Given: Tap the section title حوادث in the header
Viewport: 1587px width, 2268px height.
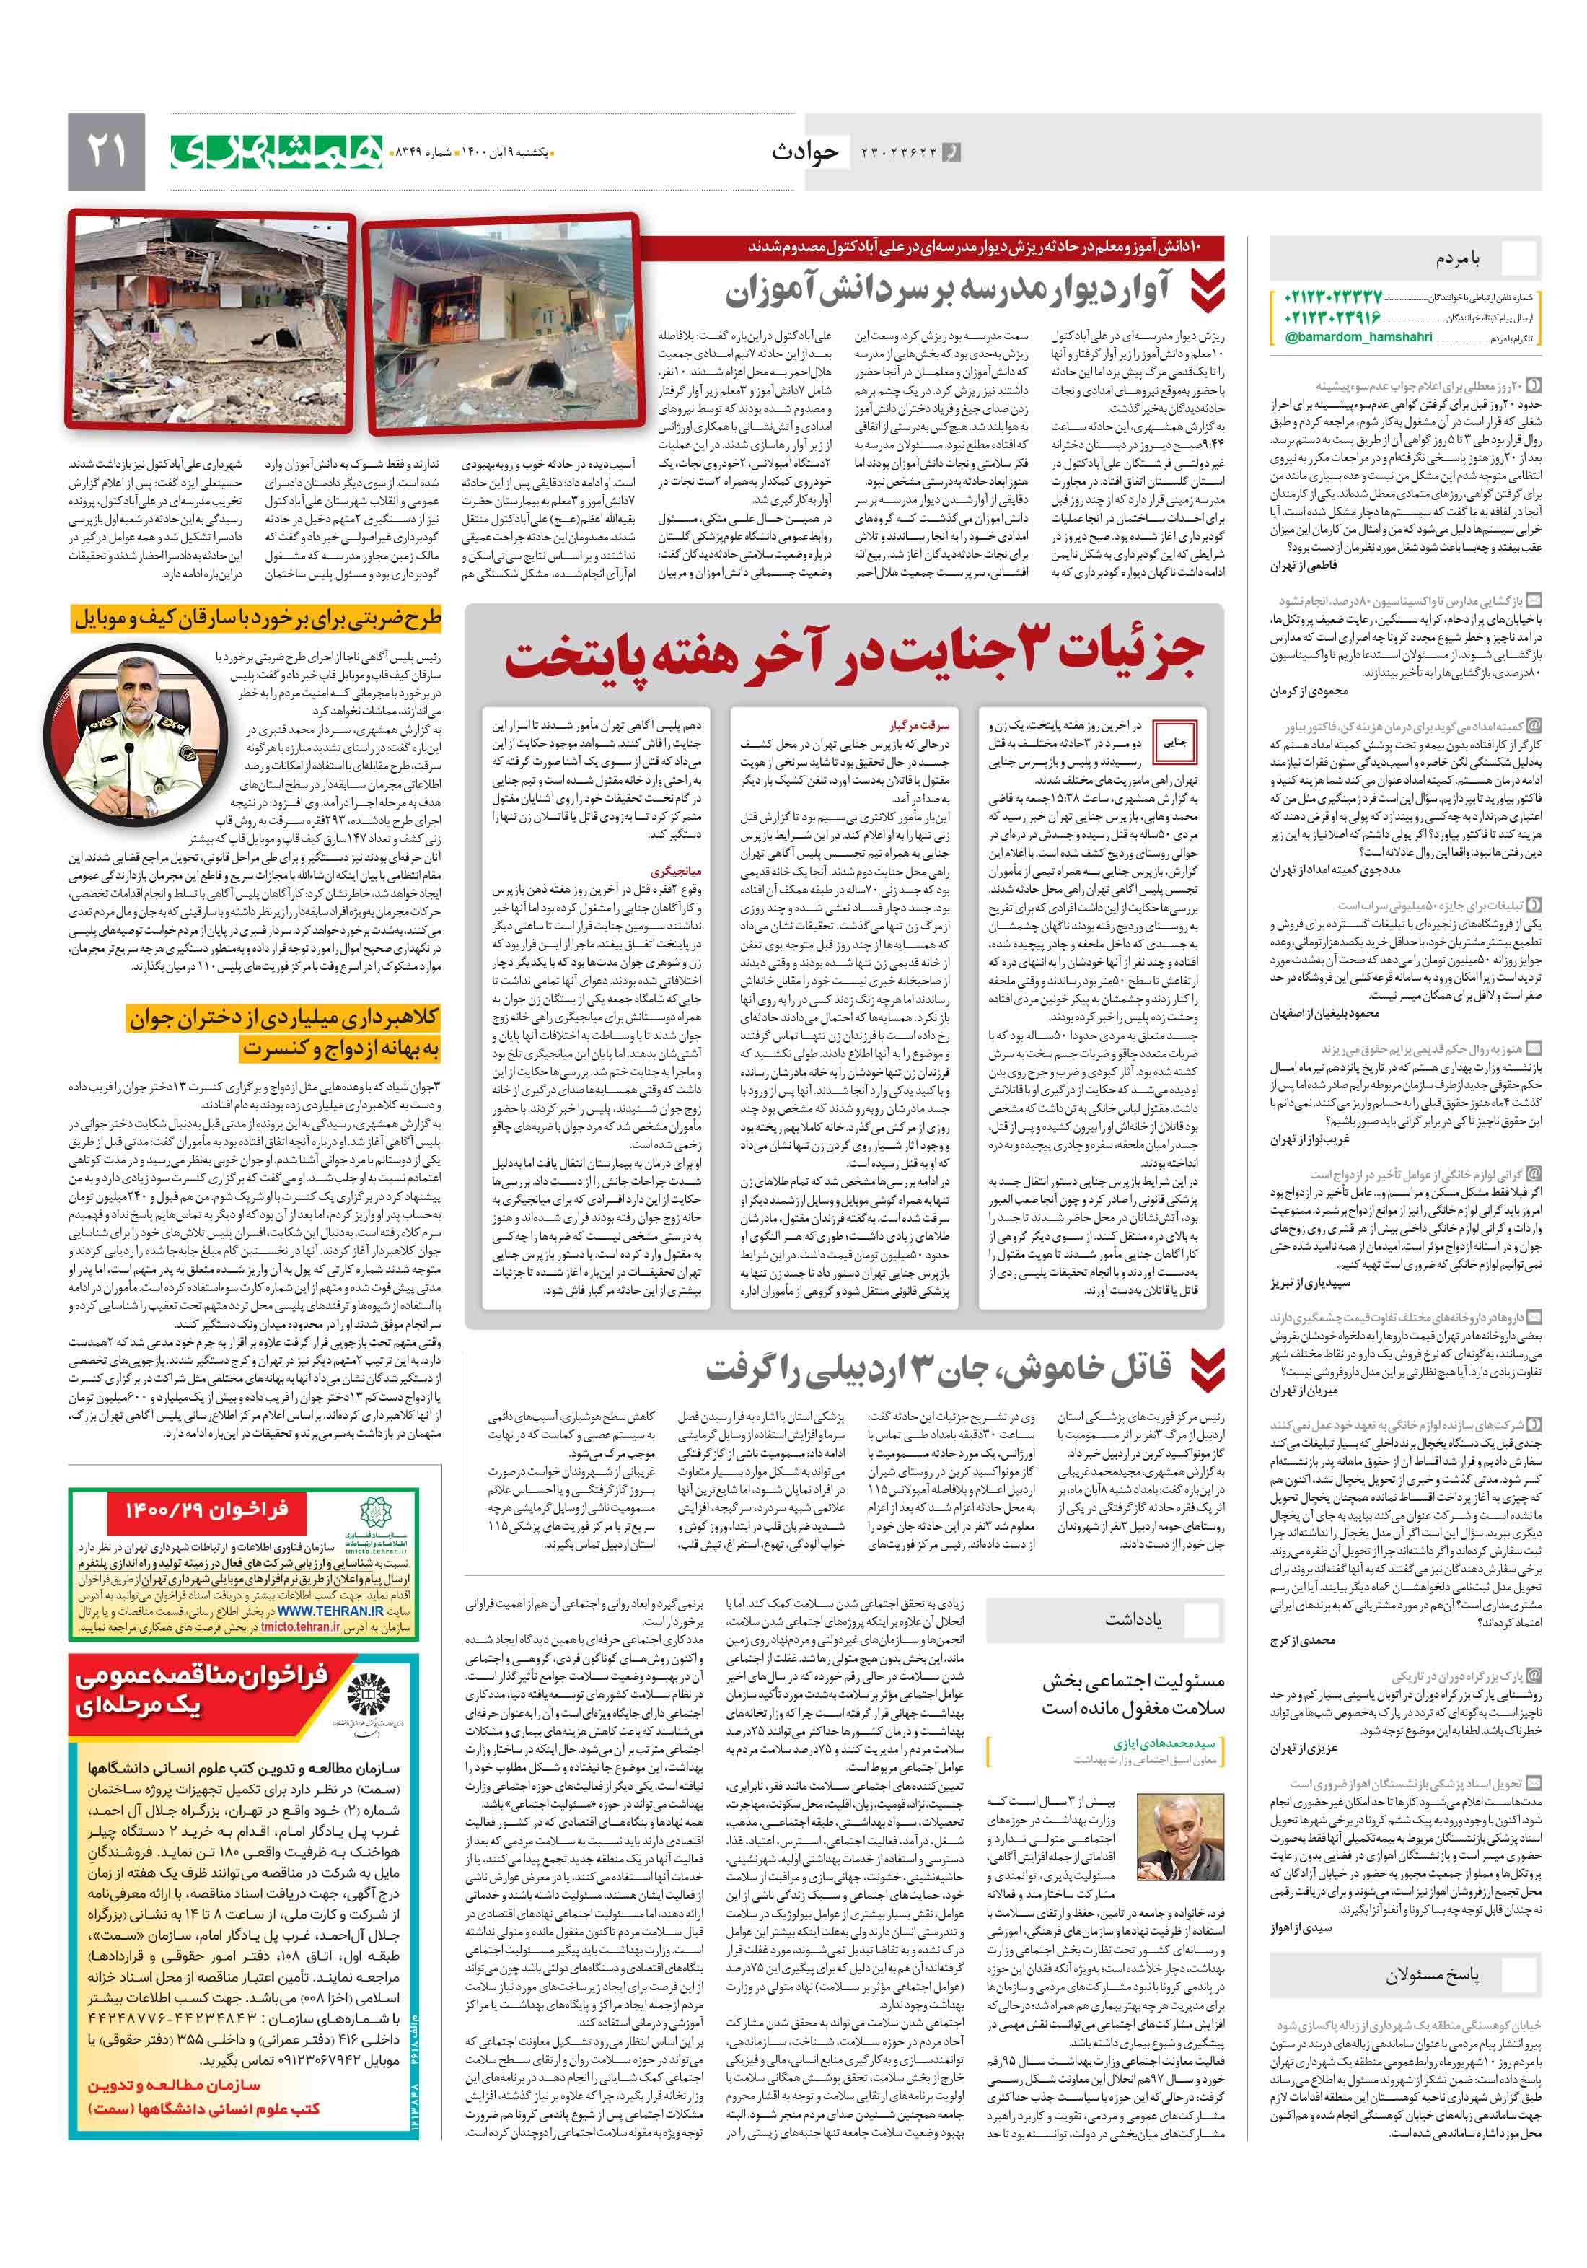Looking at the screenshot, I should pos(805,152).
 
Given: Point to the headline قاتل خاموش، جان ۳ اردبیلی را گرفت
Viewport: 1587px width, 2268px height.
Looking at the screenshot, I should pos(938,1369).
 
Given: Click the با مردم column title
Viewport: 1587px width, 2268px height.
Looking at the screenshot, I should pos(1458,259).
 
